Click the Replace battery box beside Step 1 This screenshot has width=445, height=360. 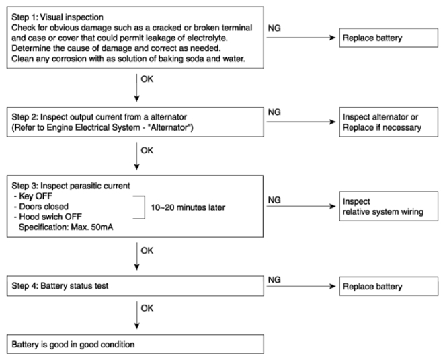pos(389,38)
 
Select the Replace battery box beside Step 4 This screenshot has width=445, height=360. pos(389,286)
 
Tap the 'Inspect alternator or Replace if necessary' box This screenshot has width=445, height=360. pos(389,122)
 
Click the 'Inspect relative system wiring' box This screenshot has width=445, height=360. pos(389,207)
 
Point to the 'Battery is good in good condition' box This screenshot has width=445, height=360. pos(135,344)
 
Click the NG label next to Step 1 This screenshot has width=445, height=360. pos(274,28)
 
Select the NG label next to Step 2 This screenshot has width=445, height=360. pos(274,112)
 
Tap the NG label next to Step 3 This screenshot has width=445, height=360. pos(274,200)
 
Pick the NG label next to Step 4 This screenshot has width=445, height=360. pos(274,280)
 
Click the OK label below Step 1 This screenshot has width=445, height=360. pos(147,79)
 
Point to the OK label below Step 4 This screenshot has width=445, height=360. pos(147,308)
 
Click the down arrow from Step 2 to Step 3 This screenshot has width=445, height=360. pos(136,156)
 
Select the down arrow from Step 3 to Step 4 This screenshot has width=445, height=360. pos(136,256)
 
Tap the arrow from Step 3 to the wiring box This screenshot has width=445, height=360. pos(301,206)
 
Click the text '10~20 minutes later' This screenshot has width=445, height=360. pos(188,207)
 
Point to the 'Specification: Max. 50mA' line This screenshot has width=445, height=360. pos(66,227)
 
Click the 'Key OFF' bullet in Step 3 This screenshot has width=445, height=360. pos(33,196)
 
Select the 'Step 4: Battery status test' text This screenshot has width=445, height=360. pos(60,286)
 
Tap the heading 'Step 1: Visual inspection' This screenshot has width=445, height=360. pos(57,17)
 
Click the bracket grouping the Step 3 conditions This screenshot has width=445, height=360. pos(145,207)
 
